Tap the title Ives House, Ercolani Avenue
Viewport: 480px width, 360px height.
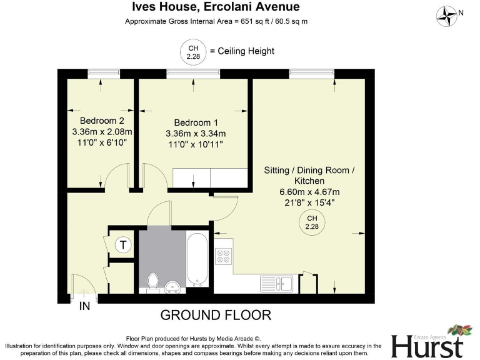(216, 7)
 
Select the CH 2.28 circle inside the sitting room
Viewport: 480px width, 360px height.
(311, 221)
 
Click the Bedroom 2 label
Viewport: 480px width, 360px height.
(102, 121)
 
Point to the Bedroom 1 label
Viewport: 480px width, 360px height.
(196, 122)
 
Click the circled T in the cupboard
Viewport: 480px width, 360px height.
(123, 245)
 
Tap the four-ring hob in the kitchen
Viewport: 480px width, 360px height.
(223, 256)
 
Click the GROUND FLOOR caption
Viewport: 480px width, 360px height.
(216, 314)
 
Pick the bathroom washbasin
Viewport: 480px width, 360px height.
(172, 287)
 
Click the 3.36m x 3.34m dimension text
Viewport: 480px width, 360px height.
(196, 133)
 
